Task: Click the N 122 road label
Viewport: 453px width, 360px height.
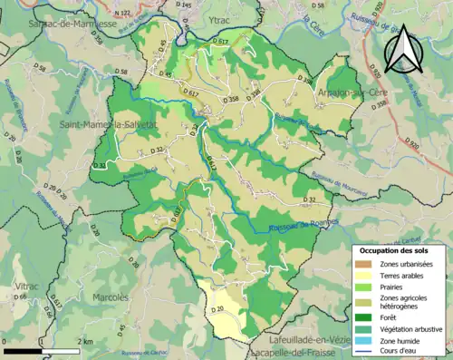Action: [121, 14]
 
